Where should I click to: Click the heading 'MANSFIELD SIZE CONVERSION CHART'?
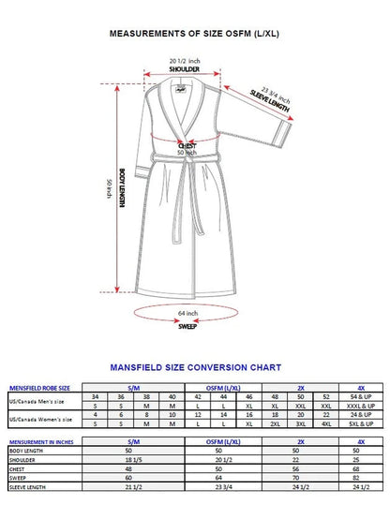(194, 367)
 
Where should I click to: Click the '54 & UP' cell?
(359, 396)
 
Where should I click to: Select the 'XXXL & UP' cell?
(359, 406)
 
